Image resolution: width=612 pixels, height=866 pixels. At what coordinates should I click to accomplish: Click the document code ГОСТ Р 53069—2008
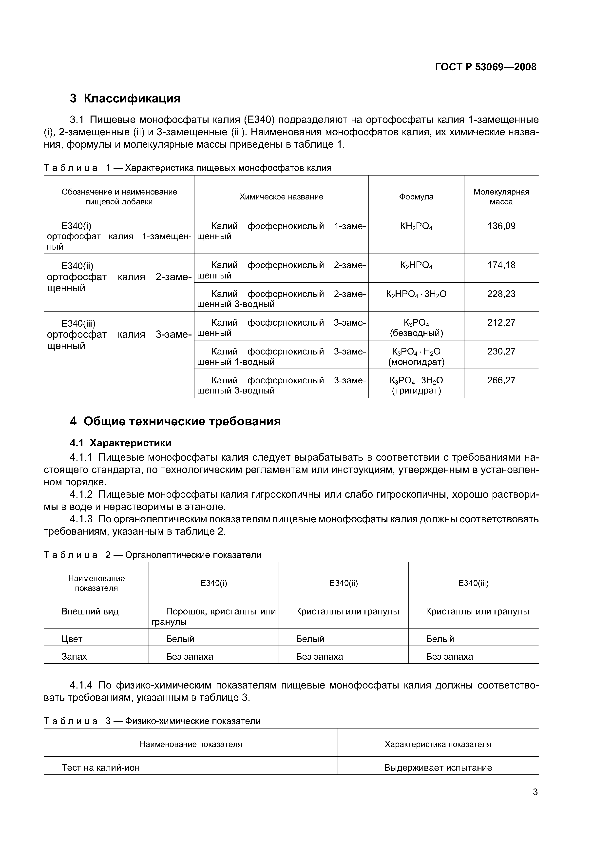coord(485,67)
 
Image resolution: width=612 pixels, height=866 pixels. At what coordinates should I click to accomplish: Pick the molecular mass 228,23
coord(501,294)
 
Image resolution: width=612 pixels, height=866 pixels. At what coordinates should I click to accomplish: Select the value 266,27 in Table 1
coord(501,380)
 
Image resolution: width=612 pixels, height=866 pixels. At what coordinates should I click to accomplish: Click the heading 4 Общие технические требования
coord(175,421)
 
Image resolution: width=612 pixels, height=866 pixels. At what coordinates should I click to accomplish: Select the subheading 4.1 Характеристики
coord(121,442)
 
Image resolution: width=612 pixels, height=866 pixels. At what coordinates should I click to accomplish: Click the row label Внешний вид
coord(90,611)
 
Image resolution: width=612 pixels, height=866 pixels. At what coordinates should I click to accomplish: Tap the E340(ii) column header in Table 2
coord(343,583)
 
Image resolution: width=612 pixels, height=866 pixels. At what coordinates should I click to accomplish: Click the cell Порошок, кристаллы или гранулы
coord(213,616)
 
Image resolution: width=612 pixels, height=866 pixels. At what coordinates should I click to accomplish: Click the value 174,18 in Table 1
coord(501,265)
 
